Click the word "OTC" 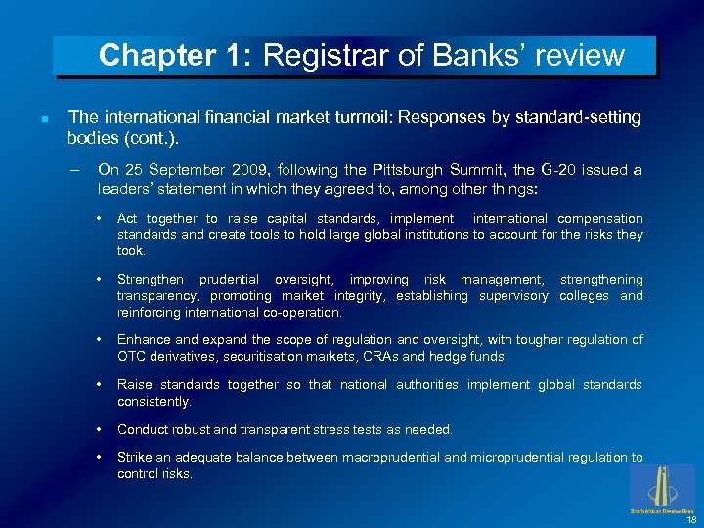[131, 357]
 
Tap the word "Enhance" [143, 340]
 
